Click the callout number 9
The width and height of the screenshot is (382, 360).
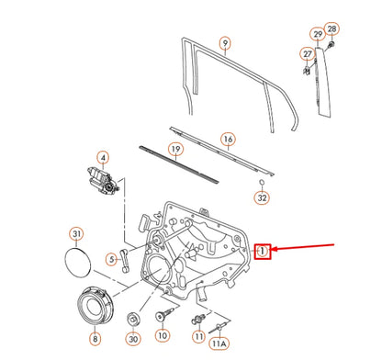tap(224, 42)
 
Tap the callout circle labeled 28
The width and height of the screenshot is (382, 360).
tap(331, 28)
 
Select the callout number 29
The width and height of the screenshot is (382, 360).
tap(318, 34)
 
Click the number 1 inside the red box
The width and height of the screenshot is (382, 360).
tap(263, 250)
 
